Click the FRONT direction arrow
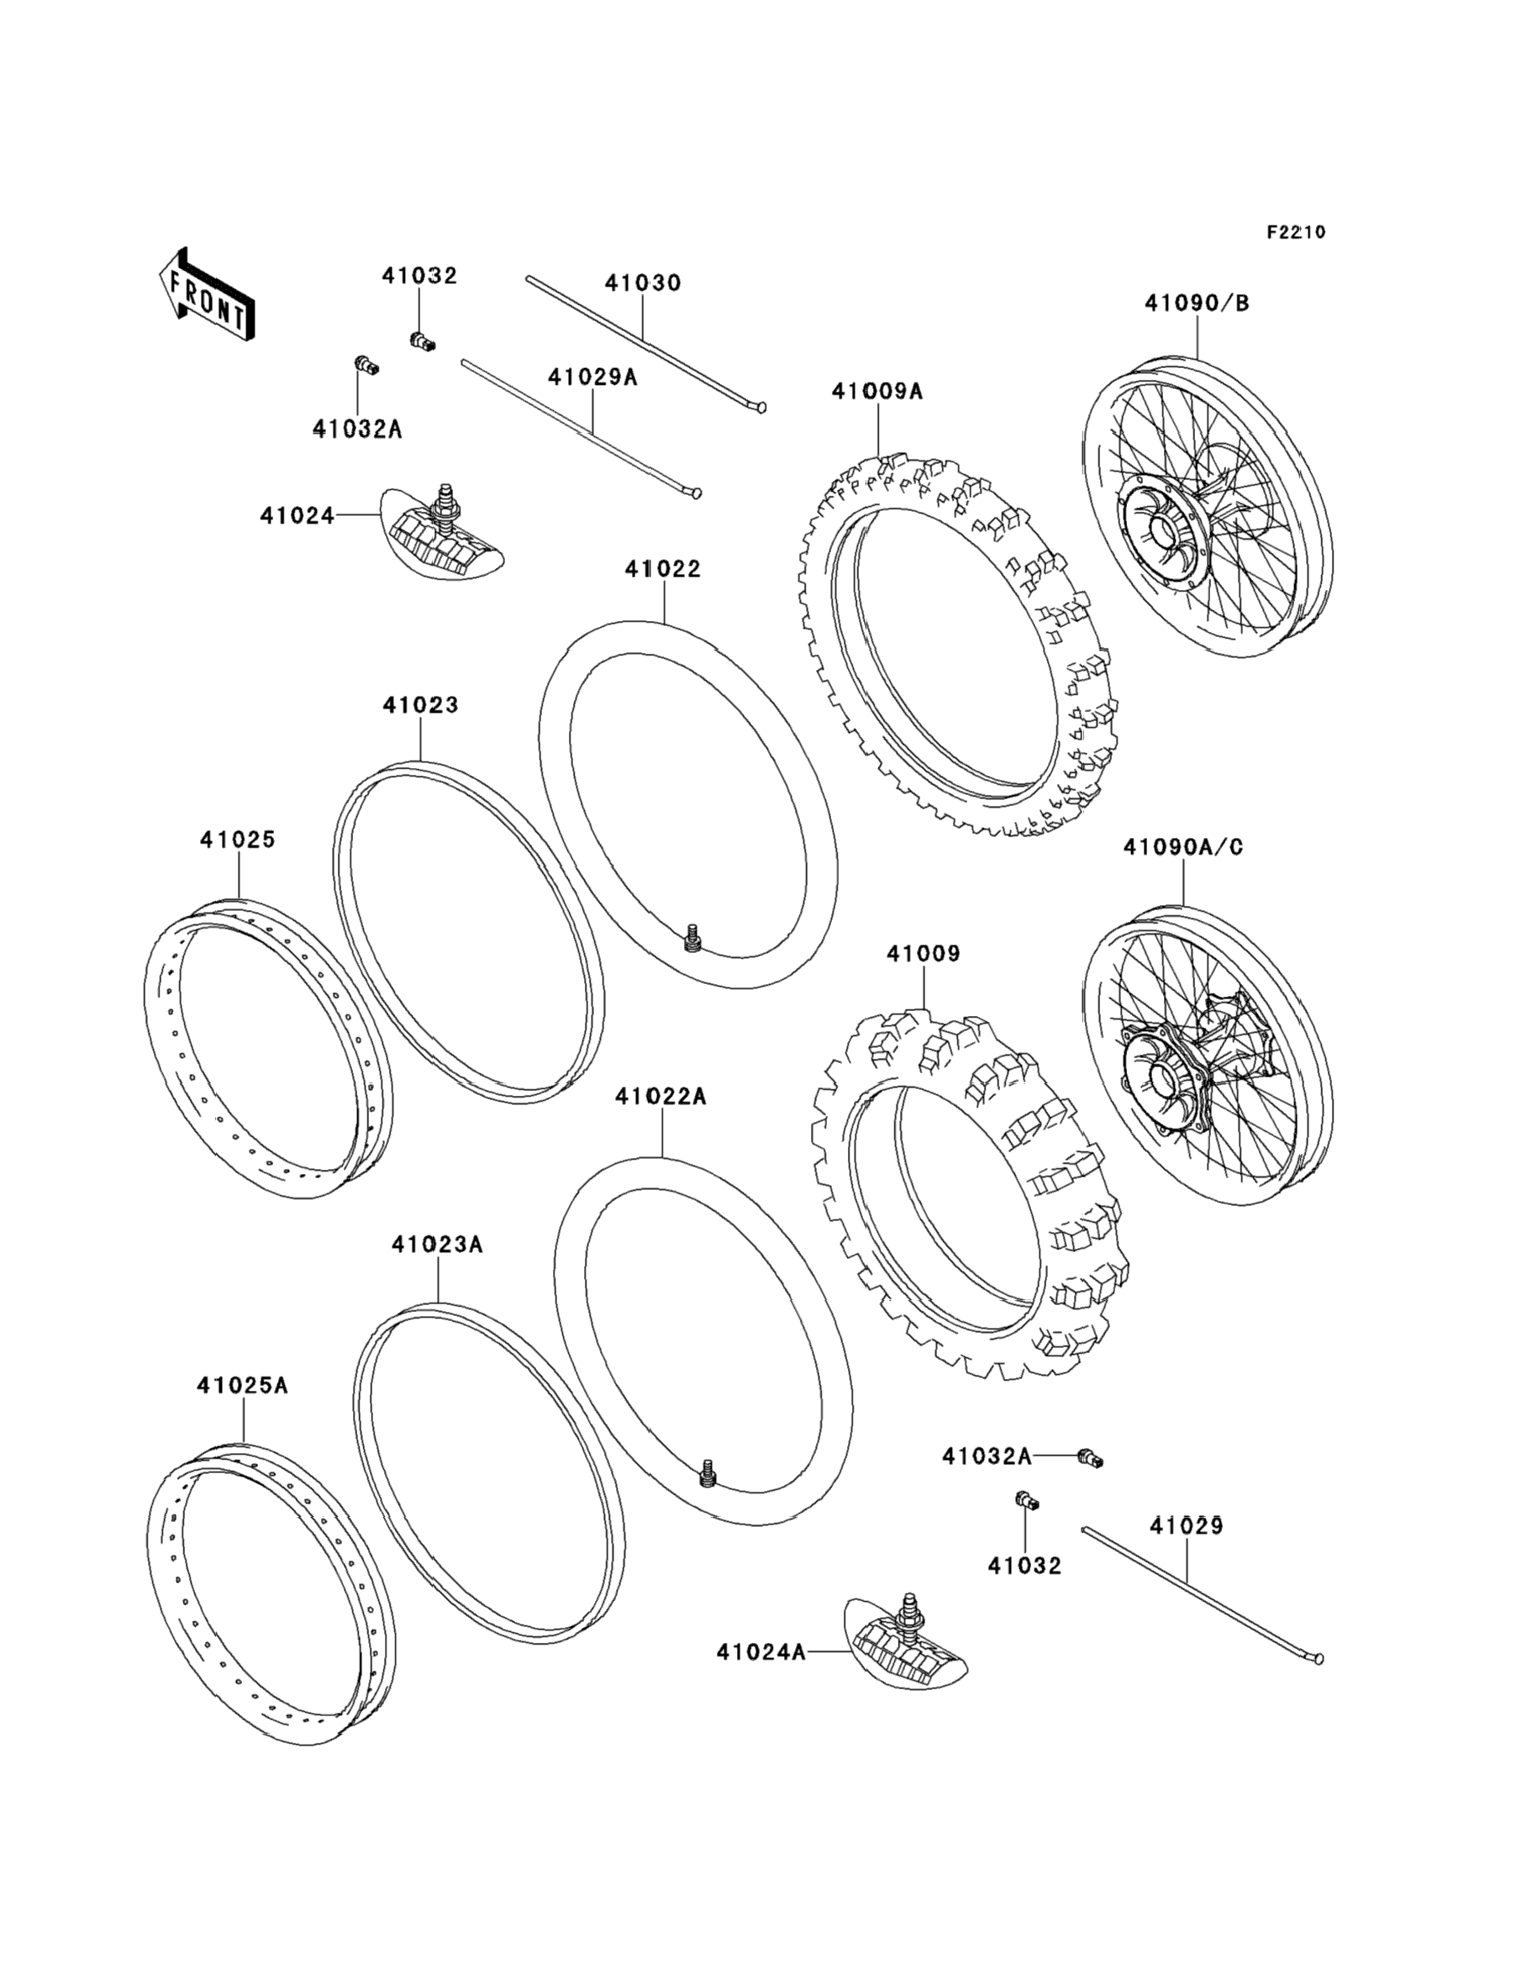(207, 294)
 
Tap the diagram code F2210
(1295, 232)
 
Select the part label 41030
(643, 282)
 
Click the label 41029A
(592, 377)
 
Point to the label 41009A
(878, 392)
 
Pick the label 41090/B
(1197, 303)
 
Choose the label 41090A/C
(1183, 847)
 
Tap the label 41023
(420, 705)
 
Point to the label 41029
(1187, 1526)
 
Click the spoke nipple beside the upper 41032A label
(366, 366)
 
